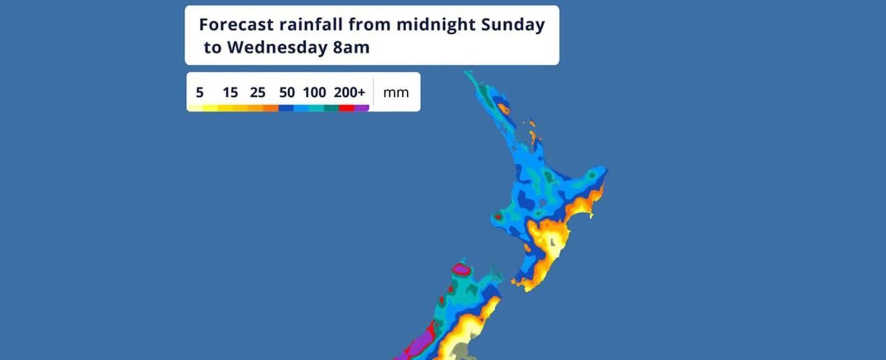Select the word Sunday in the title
(513, 25)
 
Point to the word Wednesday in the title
(276, 47)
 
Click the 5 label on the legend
(200, 93)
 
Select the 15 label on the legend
(230, 93)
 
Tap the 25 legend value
(258, 93)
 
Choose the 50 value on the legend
(287, 93)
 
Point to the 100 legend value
(314, 93)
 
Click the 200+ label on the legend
(349, 93)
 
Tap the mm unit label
(396, 93)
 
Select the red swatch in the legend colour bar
(346, 108)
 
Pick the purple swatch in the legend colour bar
(362, 108)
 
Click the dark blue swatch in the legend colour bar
(286, 108)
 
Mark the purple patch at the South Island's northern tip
(462, 270)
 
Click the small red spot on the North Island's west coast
(499, 216)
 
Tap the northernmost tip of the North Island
(467, 73)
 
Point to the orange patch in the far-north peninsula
(504, 110)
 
